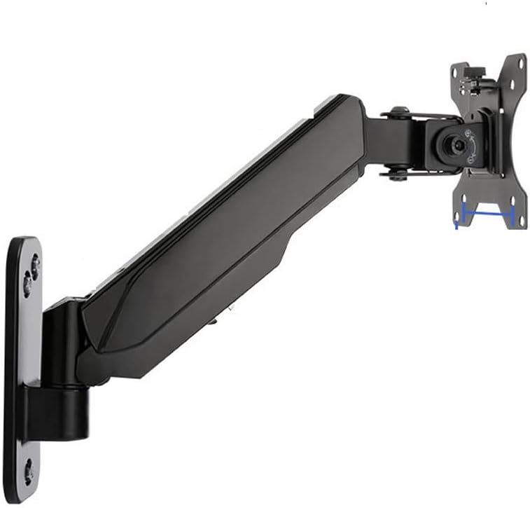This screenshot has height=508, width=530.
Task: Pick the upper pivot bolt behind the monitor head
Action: [x=399, y=112]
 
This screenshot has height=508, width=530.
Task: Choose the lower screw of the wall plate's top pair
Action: [x=27, y=283]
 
